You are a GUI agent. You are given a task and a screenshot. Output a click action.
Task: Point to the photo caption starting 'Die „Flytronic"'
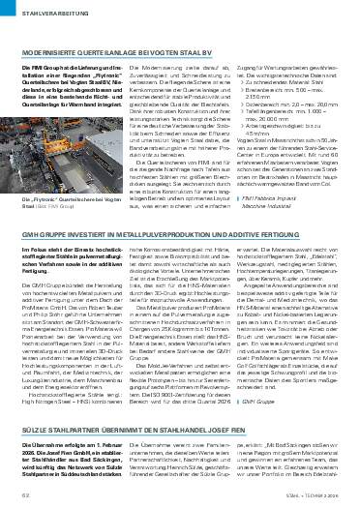point(54,203)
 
